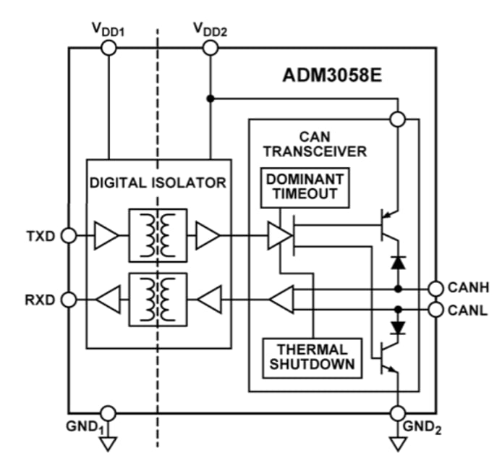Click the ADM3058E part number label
(332, 76)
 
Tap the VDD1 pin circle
(108, 48)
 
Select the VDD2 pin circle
(210, 48)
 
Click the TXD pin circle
(69, 235)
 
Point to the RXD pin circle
(69, 299)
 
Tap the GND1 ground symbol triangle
(108, 441)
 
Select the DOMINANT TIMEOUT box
(305, 187)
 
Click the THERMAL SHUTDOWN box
(311, 355)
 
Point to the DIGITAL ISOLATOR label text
(158, 183)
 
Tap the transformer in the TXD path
(158, 235)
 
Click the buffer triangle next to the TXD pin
(106, 235)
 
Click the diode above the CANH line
(397, 262)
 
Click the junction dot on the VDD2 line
(210, 98)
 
